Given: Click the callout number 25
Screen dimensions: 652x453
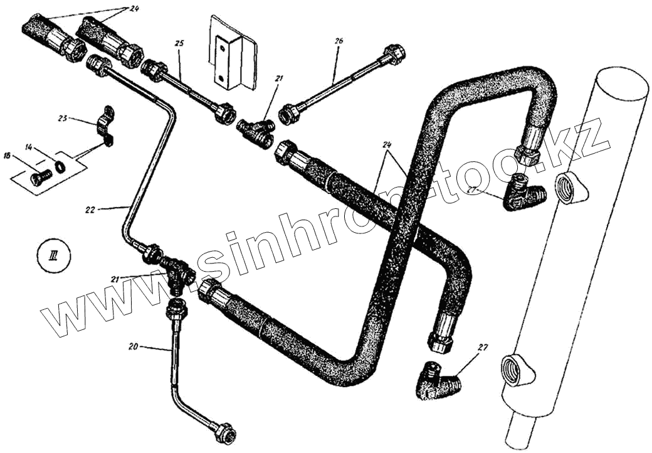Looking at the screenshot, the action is click(x=179, y=43).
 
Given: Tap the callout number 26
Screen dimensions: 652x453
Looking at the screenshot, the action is click(x=339, y=41).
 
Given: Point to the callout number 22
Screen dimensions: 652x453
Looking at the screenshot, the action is click(x=90, y=210).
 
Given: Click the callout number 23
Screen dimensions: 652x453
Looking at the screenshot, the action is click(x=63, y=117).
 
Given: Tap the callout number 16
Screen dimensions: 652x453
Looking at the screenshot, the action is click(x=7, y=155).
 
